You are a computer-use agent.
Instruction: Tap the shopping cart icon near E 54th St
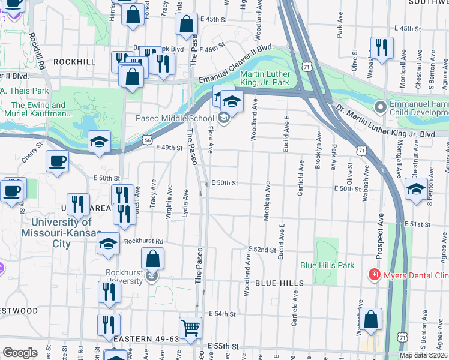[x=190, y=328]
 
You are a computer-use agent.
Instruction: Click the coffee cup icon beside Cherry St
[x=57, y=161]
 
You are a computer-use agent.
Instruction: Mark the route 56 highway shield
[x=148, y=139]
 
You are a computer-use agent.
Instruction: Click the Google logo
[x=20, y=353]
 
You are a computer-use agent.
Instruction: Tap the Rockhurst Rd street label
[x=143, y=242]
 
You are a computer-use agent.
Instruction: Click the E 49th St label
[x=169, y=148]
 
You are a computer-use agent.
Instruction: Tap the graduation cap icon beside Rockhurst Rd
[x=108, y=243]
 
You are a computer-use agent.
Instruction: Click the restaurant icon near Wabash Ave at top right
[x=381, y=47]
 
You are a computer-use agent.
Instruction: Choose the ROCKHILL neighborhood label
[x=74, y=62]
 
